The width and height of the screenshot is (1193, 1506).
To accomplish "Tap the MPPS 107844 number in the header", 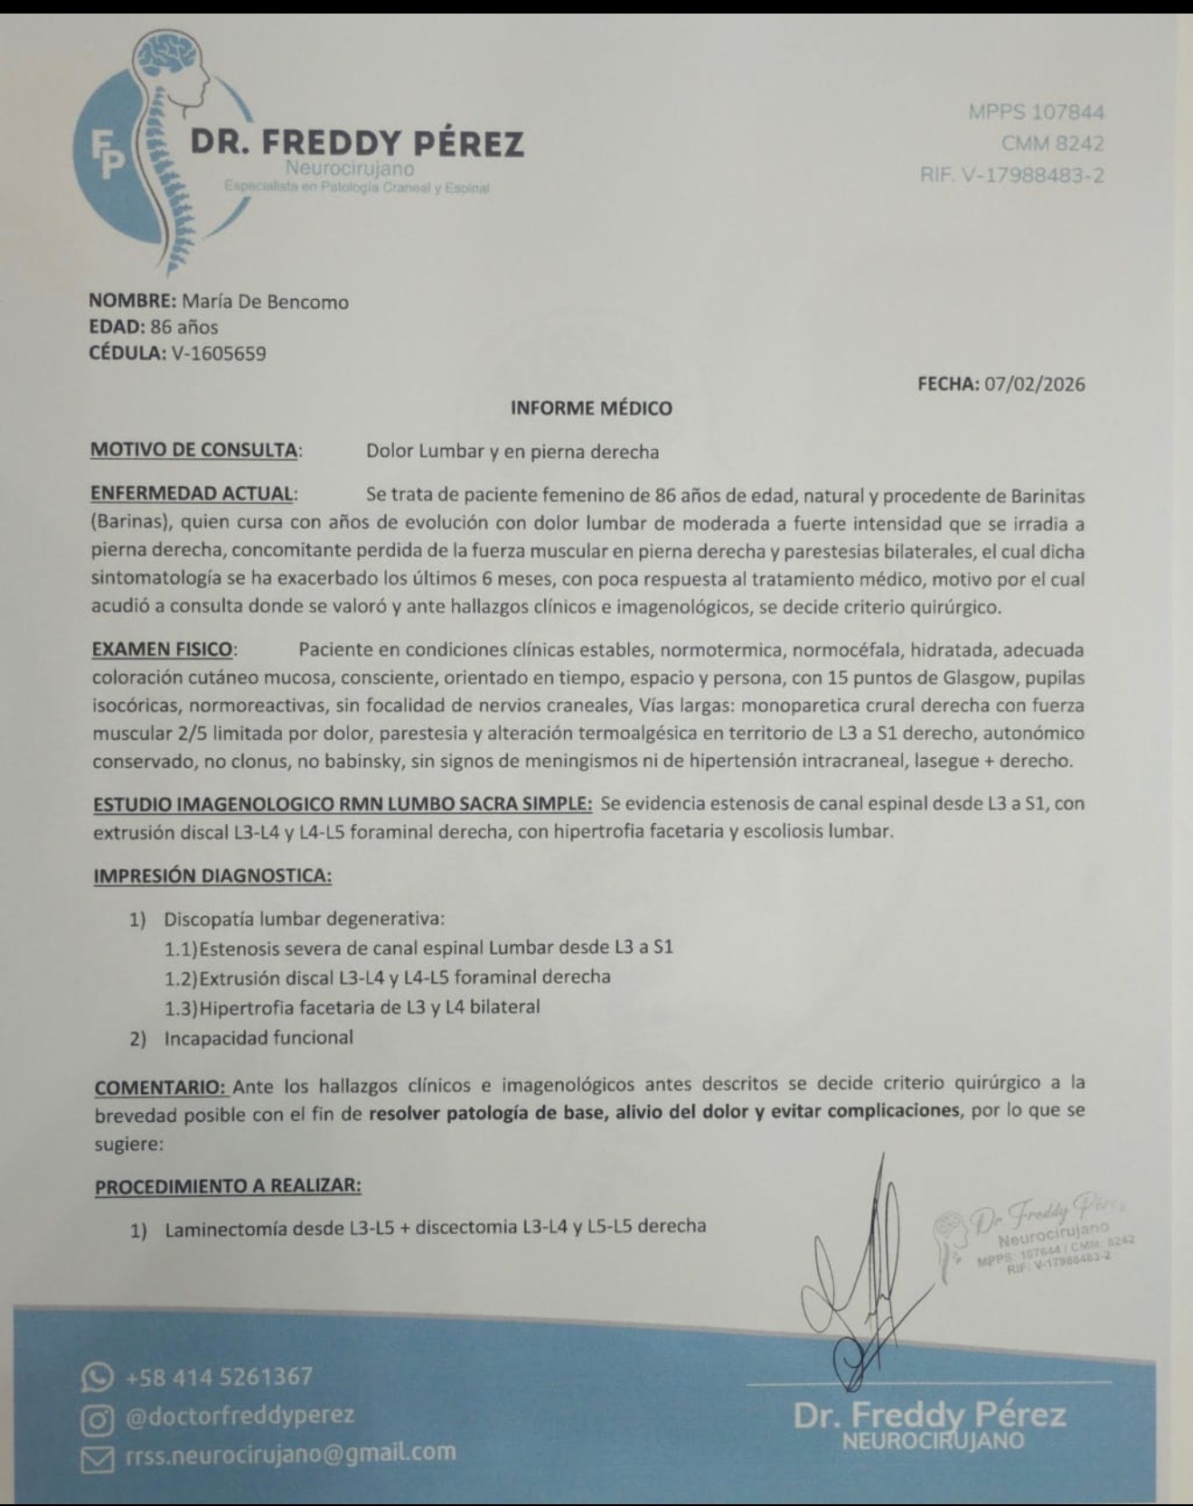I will click(x=1036, y=112).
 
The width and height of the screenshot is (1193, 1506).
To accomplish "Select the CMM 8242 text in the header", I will click(x=1052, y=143).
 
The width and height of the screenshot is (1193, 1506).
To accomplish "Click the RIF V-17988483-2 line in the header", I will click(x=1011, y=174).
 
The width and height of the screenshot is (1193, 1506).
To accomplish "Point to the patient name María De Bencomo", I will click(x=265, y=302).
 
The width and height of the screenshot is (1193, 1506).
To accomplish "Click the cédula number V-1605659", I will click(x=218, y=353).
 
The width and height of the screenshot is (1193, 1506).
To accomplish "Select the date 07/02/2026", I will click(x=1034, y=384).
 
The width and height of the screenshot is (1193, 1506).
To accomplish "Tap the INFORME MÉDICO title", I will click(x=591, y=408).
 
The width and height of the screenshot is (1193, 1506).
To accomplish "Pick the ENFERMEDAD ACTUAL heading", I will click(x=193, y=493).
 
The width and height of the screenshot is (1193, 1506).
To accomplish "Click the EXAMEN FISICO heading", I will click(x=163, y=650).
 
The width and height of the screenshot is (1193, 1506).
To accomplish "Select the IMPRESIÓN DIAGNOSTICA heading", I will click(x=211, y=875).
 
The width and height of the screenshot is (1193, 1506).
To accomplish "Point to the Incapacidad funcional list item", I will click(x=258, y=1038).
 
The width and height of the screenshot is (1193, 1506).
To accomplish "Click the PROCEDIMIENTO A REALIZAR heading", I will click(x=228, y=1185).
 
